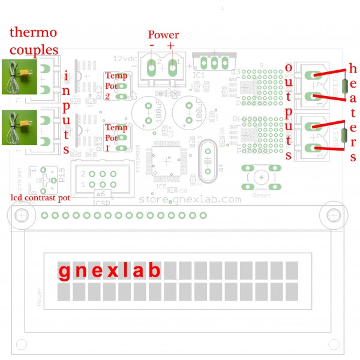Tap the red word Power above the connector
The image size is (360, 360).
coord(163,35)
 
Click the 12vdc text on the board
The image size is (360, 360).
coord(125,58)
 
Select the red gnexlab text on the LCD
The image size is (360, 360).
coord(109,271)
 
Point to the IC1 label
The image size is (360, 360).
coord(199,76)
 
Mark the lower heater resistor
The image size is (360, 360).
coord(344,135)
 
